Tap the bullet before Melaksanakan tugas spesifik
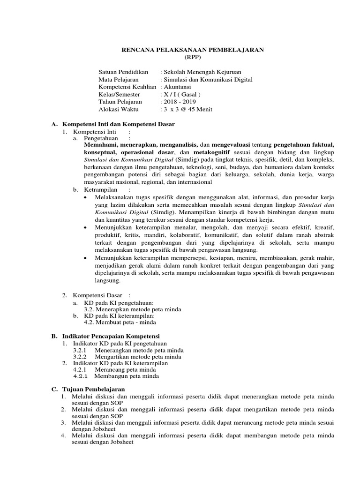point(85,198)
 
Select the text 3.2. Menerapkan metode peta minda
point(132,309)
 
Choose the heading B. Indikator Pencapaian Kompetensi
point(109,337)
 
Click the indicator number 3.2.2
point(81,357)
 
